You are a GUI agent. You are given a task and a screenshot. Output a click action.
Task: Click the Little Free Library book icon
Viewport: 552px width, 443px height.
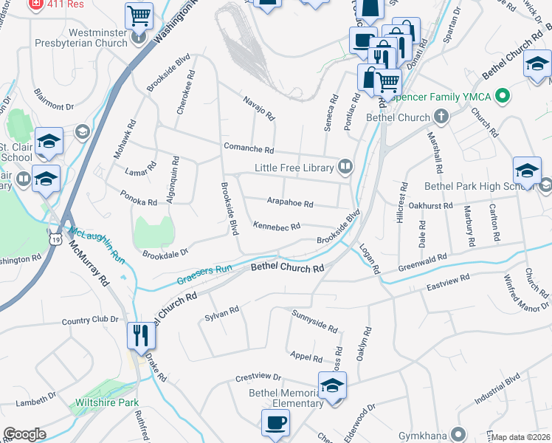tap(345, 168)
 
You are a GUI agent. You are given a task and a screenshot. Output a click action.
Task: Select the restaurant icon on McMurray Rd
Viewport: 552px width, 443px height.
tap(139, 335)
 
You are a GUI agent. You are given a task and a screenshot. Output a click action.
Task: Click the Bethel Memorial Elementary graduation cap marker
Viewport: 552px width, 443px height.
tap(332, 385)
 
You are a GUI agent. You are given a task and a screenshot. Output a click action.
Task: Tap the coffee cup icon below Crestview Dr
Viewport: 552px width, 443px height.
tap(275, 423)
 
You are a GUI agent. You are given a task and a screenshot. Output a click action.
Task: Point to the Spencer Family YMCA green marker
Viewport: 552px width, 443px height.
tap(503, 96)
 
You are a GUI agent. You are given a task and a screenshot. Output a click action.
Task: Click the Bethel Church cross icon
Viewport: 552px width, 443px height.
tap(441, 117)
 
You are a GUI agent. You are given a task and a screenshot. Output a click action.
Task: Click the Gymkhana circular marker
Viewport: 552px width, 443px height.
tap(459, 434)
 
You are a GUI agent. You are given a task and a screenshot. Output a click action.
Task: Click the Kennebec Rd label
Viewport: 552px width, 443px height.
tap(276, 226)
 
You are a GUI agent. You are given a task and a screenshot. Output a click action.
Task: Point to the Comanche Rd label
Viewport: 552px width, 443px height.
tap(249, 148)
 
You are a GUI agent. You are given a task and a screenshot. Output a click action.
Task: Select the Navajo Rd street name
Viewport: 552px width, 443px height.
tap(259, 109)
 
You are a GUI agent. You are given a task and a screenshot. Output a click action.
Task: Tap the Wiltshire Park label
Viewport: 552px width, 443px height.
tap(107, 403)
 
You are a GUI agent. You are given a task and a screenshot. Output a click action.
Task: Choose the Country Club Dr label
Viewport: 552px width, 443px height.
tap(90, 320)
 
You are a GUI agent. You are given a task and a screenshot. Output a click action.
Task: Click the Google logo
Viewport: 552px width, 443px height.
tap(25, 433)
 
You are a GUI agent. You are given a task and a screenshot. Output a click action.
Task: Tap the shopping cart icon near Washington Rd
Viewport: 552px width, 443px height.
tap(138, 14)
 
